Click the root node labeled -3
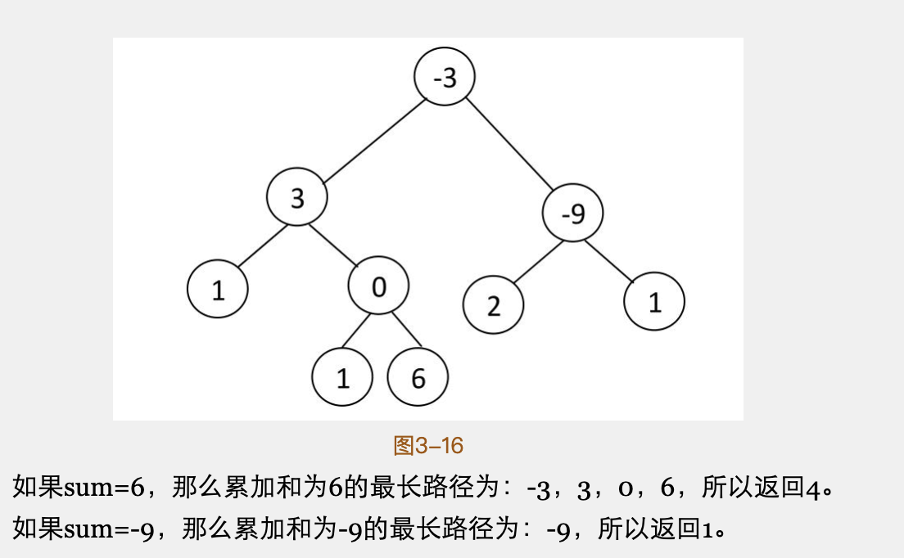tap(445, 77)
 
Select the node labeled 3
tap(296, 197)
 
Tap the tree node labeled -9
tap(573, 214)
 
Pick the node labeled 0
tap(378, 287)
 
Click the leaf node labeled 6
tap(418, 378)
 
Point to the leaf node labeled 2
tap(493, 305)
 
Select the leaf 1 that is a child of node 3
tap(218, 290)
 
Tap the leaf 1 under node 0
tap(342, 378)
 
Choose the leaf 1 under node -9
tap(654, 302)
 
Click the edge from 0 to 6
tap(406, 330)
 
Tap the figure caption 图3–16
tap(428, 446)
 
